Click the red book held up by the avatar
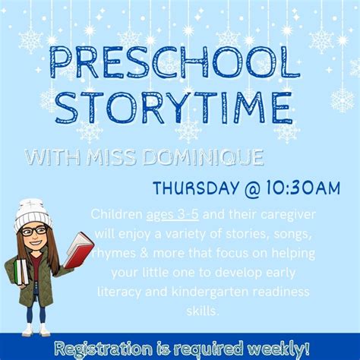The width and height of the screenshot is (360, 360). (x=78, y=249)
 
